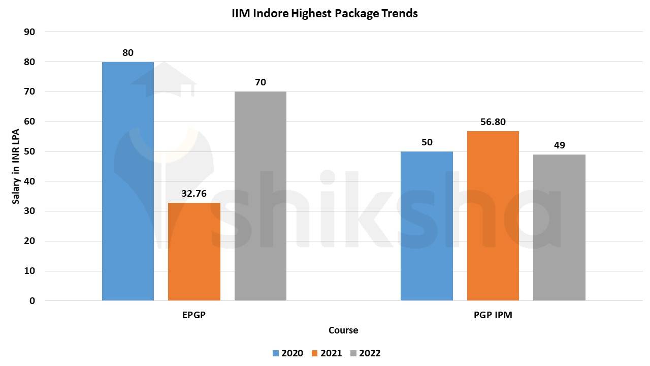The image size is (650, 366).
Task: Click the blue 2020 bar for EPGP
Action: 128,181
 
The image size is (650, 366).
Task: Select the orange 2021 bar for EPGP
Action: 194,252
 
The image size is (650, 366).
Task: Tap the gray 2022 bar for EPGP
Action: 261,196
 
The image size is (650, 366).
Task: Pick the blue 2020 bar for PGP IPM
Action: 427,226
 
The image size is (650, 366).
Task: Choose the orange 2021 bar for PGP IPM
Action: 493,216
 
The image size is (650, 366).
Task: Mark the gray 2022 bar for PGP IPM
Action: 559,227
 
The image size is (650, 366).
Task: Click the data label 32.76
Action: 194,193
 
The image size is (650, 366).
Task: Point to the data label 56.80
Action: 493,122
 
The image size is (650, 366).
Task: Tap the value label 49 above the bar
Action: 559,145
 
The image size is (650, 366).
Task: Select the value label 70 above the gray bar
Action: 261,82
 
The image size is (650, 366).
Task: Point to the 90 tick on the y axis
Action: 29,32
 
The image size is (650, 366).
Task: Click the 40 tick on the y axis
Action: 29,181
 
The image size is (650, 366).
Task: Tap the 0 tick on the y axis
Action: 32,301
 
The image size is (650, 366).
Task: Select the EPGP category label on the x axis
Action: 194,315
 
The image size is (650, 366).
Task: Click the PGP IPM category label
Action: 493,315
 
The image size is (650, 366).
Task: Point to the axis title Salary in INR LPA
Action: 16,166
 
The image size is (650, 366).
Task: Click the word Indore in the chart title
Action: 270,14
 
